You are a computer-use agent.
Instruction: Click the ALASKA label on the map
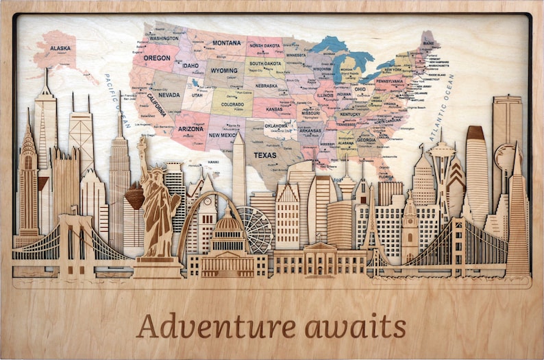point(61,48)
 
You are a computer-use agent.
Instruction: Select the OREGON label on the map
point(157,58)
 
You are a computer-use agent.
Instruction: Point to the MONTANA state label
point(226,43)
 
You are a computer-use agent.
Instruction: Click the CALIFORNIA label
point(156,107)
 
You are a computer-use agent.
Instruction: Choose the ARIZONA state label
point(190,128)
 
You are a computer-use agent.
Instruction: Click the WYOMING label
point(224,71)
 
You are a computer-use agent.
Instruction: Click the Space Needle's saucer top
point(443,149)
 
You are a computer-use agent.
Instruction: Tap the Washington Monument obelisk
point(238,168)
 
